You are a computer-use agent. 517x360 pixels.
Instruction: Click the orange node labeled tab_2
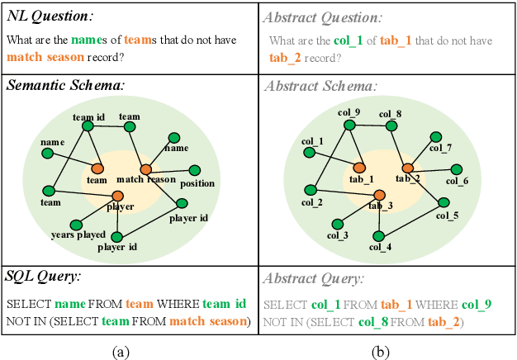tap(406, 168)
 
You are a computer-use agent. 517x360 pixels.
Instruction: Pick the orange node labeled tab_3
tap(379, 195)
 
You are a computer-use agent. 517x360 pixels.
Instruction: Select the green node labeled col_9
tap(349, 126)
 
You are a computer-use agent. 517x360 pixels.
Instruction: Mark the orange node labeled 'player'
tap(117, 195)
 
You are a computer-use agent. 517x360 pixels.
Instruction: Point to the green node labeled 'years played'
tap(76, 224)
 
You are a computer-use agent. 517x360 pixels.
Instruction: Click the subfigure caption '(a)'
tap(121, 350)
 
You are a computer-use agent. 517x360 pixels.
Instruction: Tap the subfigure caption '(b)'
tap(381, 350)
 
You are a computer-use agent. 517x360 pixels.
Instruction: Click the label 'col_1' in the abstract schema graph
tap(313, 142)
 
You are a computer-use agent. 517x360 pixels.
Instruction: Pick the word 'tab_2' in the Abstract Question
tap(286, 57)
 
